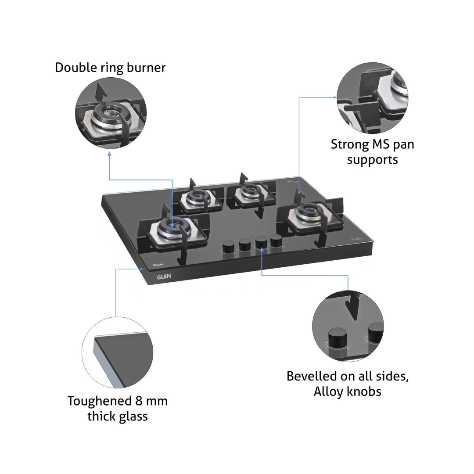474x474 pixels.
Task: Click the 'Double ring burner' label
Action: click(110, 68)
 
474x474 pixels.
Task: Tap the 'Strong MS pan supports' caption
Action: click(373, 152)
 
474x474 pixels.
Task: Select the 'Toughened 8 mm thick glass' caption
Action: click(118, 409)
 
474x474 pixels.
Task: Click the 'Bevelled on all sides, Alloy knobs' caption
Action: click(348, 384)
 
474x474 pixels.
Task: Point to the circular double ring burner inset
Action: click(111, 113)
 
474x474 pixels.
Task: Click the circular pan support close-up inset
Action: click(373, 97)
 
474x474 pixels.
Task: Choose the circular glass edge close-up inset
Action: click(117, 352)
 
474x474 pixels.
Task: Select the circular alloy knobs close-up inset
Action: click(348, 326)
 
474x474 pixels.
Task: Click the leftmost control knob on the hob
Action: click(229, 246)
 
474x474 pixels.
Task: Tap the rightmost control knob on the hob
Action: click(276, 241)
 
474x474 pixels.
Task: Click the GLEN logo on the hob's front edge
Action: click(164, 276)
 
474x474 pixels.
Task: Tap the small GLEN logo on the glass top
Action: click(158, 265)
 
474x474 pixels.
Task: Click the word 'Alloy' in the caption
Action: click(329, 392)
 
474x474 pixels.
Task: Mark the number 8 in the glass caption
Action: click(139, 401)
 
